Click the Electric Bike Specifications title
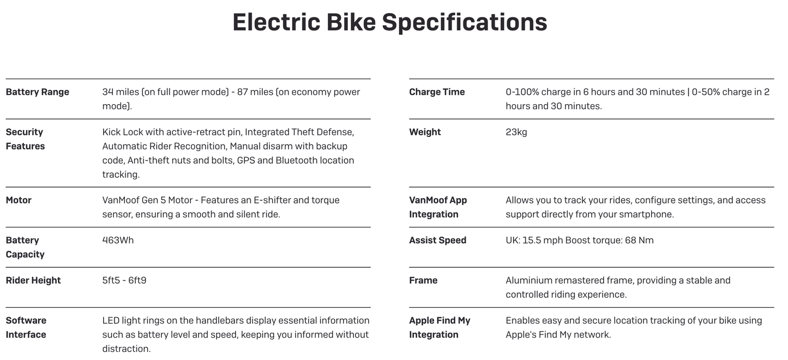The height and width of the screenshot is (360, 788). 389,23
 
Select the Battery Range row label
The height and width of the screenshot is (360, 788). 37,92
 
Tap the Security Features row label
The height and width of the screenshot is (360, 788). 25,139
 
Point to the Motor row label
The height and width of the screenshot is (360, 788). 19,200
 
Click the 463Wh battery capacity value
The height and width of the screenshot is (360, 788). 118,240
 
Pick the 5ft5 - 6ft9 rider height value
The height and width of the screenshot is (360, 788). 124,280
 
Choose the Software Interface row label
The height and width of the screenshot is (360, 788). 26,327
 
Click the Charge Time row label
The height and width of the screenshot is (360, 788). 437,92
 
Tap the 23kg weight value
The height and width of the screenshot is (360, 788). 516,132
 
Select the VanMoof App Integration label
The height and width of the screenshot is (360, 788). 438,207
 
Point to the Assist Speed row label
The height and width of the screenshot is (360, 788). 437,240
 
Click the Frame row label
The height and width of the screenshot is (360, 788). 423,280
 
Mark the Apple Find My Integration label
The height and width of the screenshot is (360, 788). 440,327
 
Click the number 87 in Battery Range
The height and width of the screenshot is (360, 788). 243,92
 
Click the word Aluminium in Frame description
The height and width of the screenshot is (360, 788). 528,280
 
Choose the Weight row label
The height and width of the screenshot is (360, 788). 425,132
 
